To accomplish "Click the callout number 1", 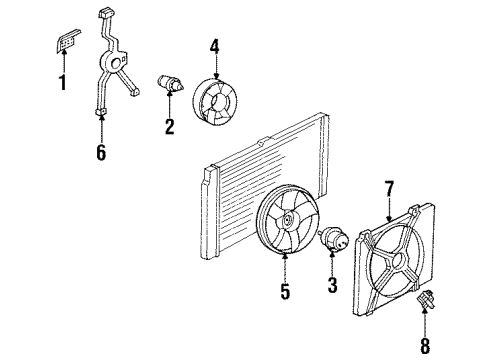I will [62, 82].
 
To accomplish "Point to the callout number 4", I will [214, 46].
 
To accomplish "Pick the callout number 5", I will [286, 292].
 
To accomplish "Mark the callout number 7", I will [390, 187].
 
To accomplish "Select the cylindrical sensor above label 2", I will [170, 84].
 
